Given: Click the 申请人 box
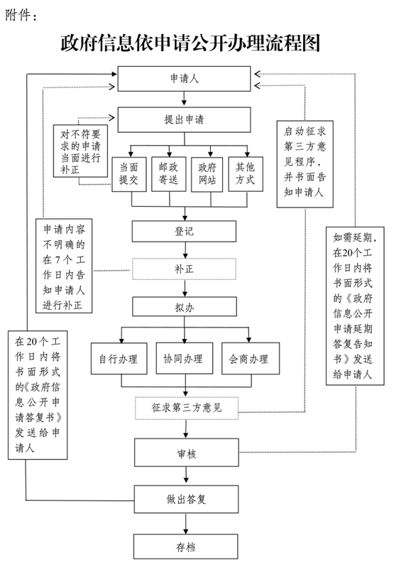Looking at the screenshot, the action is pyautogui.click(x=184, y=78).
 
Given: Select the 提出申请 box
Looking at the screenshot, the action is pyautogui.click(x=184, y=119).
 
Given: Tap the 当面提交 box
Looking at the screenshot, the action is pyautogui.click(x=129, y=174).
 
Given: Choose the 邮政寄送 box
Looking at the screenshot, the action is pyautogui.click(x=169, y=174).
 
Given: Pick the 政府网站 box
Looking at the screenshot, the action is pyautogui.click(x=207, y=174).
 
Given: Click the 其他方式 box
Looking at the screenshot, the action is pyautogui.click(x=246, y=174).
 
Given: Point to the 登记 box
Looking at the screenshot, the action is pyautogui.click(x=184, y=231).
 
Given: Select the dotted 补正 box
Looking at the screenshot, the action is pyautogui.click(x=184, y=269).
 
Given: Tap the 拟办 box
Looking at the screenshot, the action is pyautogui.click(x=185, y=307).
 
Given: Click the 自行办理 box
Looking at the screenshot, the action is pyautogui.click(x=119, y=359).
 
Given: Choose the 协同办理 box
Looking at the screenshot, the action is pyautogui.click(x=185, y=358).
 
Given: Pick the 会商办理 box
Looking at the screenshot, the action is pyautogui.click(x=251, y=359).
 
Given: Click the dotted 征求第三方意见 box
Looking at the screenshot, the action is pyautogui.click(x=187, y=408).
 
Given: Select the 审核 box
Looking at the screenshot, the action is pyautogui.click(x=187, y=453).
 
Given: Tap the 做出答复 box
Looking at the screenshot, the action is pyautogui.click(x=186, y=500).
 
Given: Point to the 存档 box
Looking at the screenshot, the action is pyautogui.click(x=186, y=547).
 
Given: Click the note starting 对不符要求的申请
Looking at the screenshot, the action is pyautogui.click(x=80, y=151).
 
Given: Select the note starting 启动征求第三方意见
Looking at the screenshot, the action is pyautogui.click(x=305, y=164).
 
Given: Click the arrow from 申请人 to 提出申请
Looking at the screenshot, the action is pyautogui.click(x=184, y=99).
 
